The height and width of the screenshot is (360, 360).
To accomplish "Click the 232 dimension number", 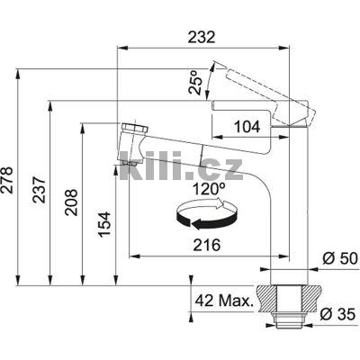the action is tap(202, 38).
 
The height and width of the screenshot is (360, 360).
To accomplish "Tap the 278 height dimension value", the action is tap(6, 180).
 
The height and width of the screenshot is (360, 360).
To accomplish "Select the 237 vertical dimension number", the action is tap(40, 190).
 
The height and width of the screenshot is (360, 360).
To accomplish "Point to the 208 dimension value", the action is tap(71, 202).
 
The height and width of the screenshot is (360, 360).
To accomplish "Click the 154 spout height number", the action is tap(105, 224).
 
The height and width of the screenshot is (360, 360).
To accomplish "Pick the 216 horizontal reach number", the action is tap(207, 246).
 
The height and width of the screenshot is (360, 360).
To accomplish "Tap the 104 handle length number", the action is tap(247, 127).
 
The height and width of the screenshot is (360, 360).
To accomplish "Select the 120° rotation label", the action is tap(209, 189).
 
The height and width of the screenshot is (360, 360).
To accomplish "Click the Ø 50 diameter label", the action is tap(340, 258).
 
